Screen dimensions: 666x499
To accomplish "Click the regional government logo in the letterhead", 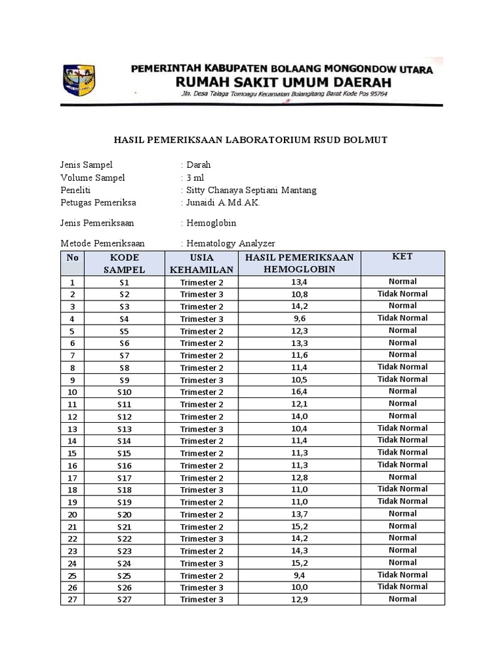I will tap(79, 81).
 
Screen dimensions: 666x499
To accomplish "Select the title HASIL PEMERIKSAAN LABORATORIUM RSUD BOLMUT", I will tap(251, 140).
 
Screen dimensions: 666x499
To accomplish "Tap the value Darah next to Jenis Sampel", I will tap(198, 165).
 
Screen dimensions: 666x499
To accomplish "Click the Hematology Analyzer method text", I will tap(231, 243).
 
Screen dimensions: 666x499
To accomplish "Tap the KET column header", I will tap(402, 257).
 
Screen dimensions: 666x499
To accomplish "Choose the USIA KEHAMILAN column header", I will tap(201, 263).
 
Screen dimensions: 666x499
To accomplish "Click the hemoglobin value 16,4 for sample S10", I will tap(299, 392).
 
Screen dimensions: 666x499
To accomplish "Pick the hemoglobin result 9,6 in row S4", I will tap(299, 319).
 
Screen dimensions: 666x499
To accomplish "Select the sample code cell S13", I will tap(124, 429).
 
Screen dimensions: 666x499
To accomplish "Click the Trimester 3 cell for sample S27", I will tap(201, 600).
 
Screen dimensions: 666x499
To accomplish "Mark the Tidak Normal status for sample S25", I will tap(402, 575).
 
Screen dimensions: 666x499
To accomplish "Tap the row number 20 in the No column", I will tap(72, 514).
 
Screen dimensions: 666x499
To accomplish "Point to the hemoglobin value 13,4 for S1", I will tap(299, 282).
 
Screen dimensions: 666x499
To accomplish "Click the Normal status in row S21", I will tap(402, 526).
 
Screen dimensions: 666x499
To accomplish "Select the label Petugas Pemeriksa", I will tap(98, 203).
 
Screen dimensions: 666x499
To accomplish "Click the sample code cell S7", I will tap(124, 356).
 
